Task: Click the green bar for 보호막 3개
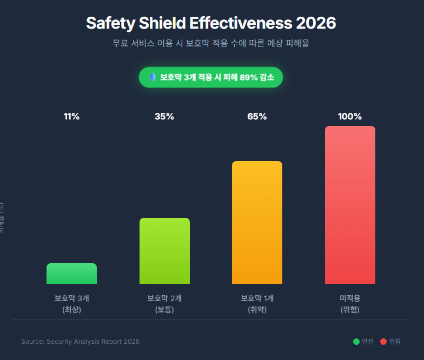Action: (71, 274)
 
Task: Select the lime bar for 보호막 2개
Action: (164, 251)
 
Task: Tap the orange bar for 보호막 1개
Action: (257, 222)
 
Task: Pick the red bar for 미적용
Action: (350, 205)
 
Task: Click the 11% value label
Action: (71, 117)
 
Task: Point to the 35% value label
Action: (164, 117)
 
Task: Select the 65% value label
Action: (257, 117)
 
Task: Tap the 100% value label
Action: (350, 117)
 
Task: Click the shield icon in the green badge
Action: (153, 77)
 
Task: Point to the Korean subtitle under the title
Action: (211, 43)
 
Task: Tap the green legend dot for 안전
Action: (356, 342)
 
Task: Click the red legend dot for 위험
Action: (383, 342)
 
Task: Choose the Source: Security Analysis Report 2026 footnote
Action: (80, 342)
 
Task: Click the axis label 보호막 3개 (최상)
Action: (71, 304)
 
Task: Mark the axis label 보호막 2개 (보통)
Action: (164, 304)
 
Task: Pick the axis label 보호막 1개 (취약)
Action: (257, 304)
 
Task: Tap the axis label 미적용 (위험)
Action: (350, 304)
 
